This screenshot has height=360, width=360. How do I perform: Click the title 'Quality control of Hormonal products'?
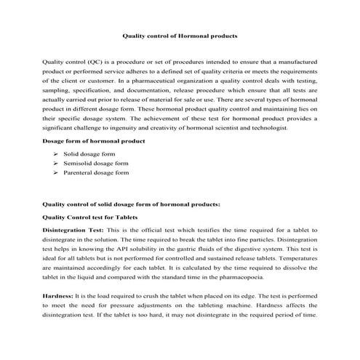click(x=179, y=34)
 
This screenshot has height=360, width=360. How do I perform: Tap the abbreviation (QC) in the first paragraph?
click(x=97, y=62)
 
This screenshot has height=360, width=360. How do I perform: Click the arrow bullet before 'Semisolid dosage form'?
click(x=56, y=164)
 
